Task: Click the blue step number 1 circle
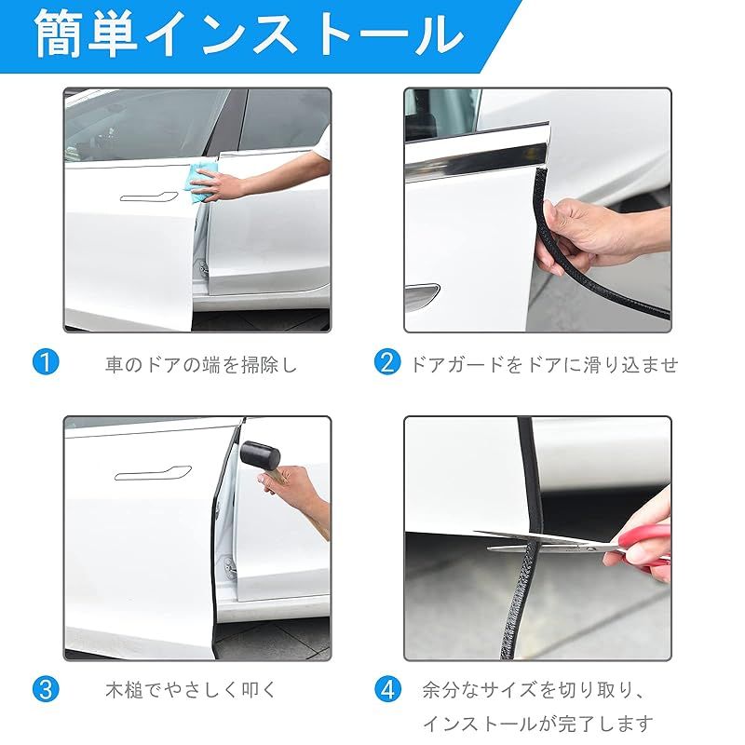(x=46, y=362)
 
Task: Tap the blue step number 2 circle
(x=386, y=362)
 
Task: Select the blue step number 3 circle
(x=46, y=689)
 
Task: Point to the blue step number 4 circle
(x=387, y=689)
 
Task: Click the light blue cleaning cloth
(x=203, y=182)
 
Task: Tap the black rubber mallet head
(x=260, y=455)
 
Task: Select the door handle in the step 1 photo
(x=149, y=196)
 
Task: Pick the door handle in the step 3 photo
(x=153, y=473)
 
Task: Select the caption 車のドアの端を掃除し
(x=201, y=365)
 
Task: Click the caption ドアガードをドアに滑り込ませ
(x=543, y=365)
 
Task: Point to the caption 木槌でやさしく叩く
(x=191, y=690)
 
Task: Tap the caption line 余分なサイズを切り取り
(x=533, y=690)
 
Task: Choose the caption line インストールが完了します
(x=537, y=724)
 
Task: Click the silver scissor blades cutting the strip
(x=547, y=542)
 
